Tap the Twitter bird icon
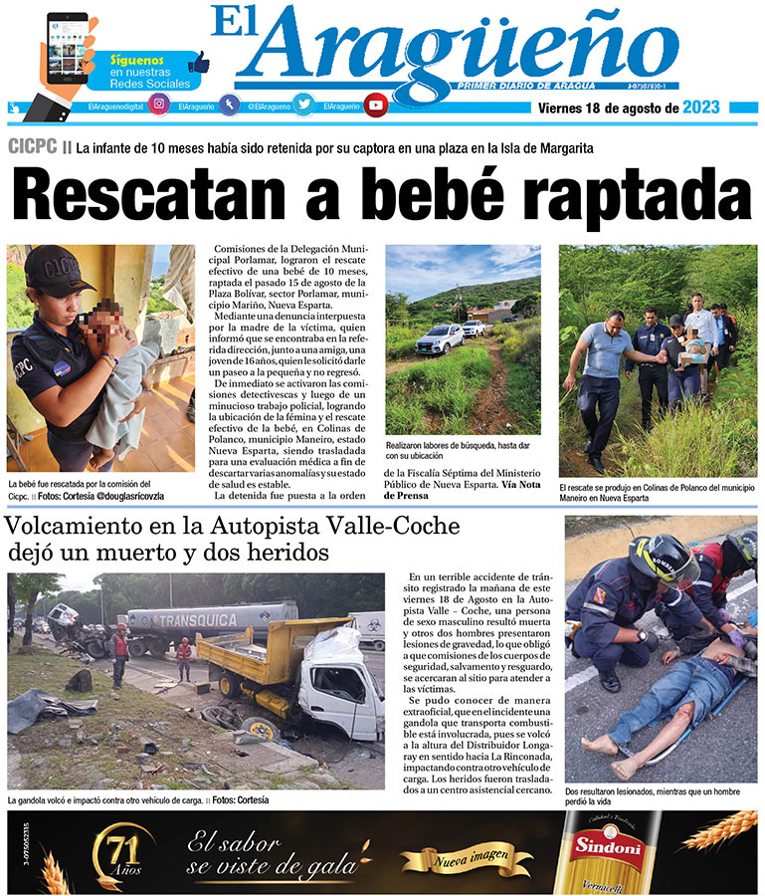(301, 105)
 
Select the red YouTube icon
(375, 105)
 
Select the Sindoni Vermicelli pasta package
(602, 851)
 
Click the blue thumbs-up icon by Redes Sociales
(199, 61)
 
